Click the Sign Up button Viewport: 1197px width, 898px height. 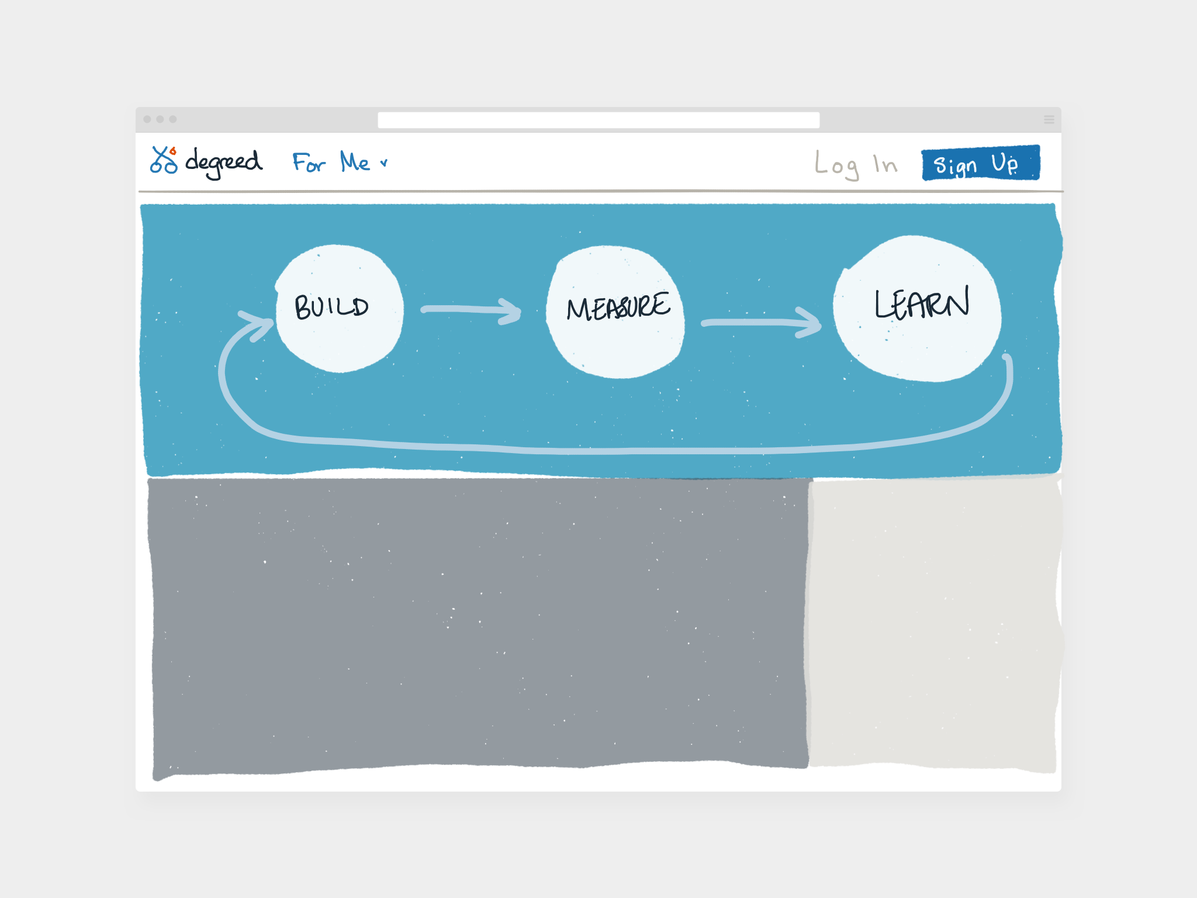point(980,163)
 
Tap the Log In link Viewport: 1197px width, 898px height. point(855,165)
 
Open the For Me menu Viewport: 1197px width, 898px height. point(331,162)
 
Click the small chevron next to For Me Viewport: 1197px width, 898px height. point(383,163)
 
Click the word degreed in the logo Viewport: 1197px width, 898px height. point(224,161)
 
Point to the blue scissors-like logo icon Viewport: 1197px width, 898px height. point(164,160)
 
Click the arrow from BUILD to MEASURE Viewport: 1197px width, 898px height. point(471,310)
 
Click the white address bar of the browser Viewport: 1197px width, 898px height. point(598,120)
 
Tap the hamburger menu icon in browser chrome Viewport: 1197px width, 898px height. point(1049,119)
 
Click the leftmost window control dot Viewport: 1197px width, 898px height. point(147,119)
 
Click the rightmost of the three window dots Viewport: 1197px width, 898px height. point(173,119)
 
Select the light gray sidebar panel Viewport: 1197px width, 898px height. point(933,623)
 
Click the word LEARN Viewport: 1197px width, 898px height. point(922,303)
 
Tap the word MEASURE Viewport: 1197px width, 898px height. point(618,306)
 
